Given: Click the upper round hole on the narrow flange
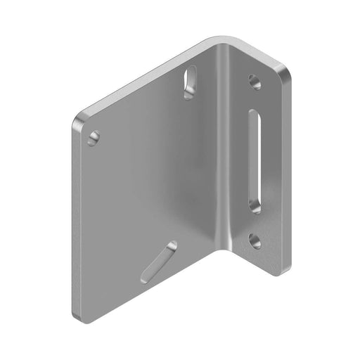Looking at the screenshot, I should coord(255,82).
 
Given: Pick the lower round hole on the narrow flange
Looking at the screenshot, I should coord(255,241).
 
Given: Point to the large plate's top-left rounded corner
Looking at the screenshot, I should coord(79,118).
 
